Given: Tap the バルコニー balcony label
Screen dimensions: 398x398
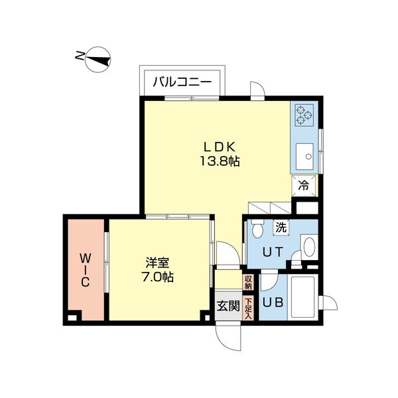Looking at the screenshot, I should [182, 82].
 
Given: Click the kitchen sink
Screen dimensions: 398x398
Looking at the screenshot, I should [306, 157].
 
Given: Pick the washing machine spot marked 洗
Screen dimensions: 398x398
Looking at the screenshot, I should [281, 227].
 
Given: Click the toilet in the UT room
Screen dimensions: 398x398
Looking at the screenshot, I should [259, 229].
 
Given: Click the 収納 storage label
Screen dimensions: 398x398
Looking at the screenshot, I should [248, 283].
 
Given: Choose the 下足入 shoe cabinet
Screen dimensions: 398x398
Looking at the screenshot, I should [248, 308].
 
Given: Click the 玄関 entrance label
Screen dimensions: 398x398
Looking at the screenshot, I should [227, 306].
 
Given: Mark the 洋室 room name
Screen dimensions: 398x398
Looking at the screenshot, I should [159, 263].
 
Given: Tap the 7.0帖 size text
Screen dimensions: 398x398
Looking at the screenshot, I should [159, 278].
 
